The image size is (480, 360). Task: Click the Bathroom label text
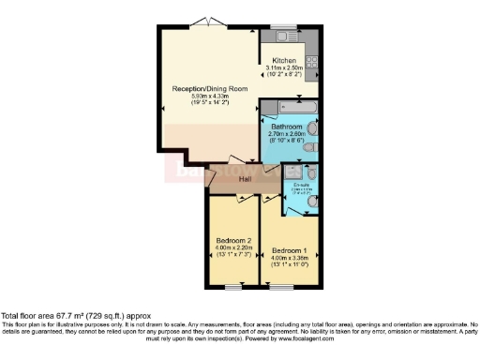click(288, 127)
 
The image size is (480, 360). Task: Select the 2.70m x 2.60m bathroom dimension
click(288, 134)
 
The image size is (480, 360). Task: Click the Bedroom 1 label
click(290, 250)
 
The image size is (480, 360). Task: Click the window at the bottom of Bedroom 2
click(228, 288)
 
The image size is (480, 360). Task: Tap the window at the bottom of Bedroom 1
click(290, 288)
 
